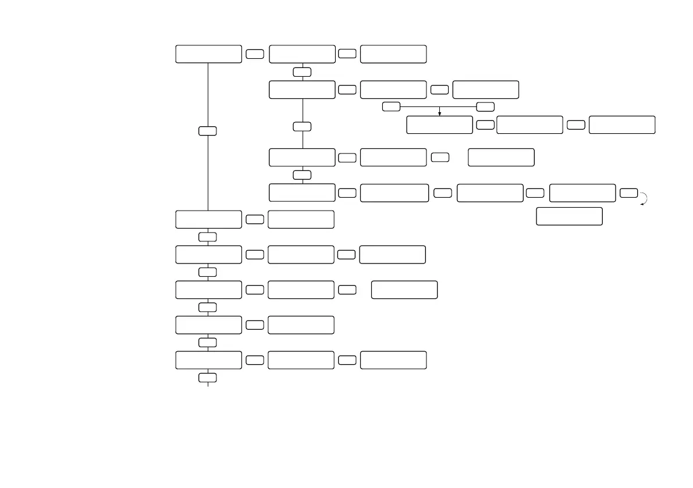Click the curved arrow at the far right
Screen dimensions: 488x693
click(x=644, y=198)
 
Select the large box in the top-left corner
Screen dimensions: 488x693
click(x=208, y=54)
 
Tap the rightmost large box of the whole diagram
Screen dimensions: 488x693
click(x=622, y=125)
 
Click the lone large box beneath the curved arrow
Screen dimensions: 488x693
click(x=569, y=216)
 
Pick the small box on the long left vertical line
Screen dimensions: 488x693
click(x=208, y=131)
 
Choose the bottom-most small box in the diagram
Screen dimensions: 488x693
click(x=208, y=378)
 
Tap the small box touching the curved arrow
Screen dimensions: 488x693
click(x=628, y=193)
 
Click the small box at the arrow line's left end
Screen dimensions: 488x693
click(x=392, y=106)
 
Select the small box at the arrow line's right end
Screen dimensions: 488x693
click(x=485, y=106)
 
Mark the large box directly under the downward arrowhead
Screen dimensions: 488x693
click(x=439, y=125)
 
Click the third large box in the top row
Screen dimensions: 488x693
click(x=393, y=54)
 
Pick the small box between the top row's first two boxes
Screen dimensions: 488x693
click(x=255, y=54)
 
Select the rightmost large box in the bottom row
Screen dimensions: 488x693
click(x=393, y=360)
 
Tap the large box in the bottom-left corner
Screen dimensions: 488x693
click(x=208, y=360)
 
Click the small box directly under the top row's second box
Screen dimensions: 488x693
click(x=302, y=72)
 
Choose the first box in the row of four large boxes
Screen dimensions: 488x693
click(x=302, y=193)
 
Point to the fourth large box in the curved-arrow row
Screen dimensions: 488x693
click(x=582, y=193)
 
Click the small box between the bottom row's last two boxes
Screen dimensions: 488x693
click(x=347, y=360)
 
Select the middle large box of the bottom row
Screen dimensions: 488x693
click(x=301, y=360)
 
